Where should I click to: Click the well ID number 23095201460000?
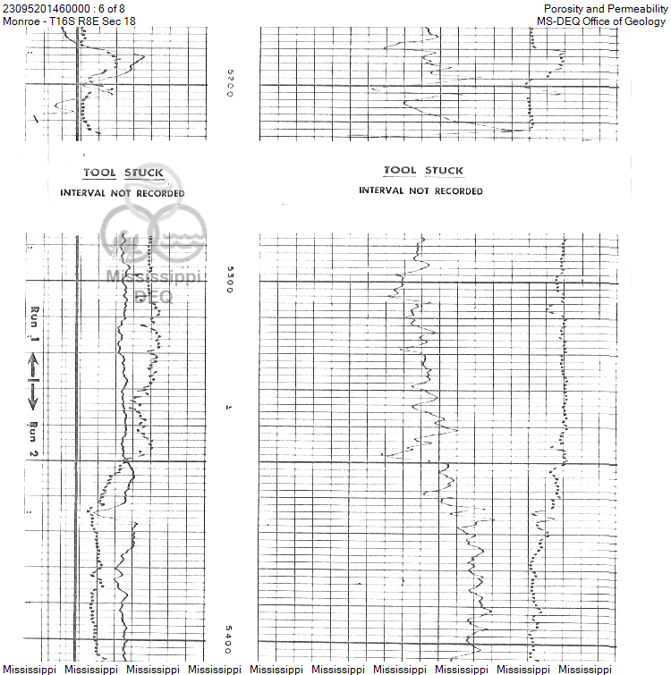point(47,9)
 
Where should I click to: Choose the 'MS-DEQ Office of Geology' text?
point(601,21)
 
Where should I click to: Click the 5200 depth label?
point(229,83)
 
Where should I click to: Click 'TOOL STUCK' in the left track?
point(123,173)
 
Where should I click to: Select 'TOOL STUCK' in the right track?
point(423,170)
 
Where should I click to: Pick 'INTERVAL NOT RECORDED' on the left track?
point(123,193)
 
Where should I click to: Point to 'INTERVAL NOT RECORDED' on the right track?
point(420,190)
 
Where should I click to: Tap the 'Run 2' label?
point(34,442)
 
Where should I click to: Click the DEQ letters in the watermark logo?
point(152,296)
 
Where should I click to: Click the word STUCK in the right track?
point(444,170)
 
